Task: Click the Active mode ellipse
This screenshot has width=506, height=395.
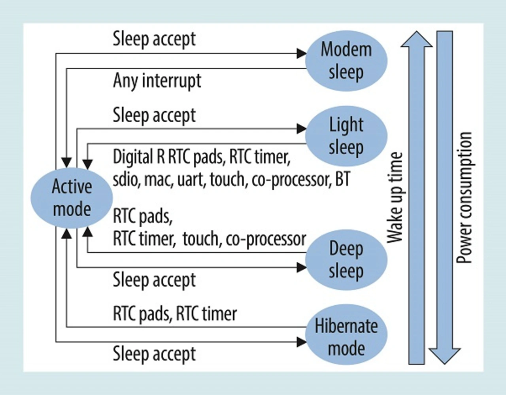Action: [x=72, y=198]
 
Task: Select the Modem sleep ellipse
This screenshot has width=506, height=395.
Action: [x=346, y=61]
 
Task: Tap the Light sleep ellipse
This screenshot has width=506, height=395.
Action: [x=346, y=136]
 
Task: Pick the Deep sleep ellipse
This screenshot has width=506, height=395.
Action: [x=346, y=260]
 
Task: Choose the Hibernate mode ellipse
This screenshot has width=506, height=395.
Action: [x=346, y=335]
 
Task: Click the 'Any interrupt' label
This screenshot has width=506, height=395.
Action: [x=157, y=81]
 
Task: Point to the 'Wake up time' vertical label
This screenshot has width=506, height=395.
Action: [x=395, y=198]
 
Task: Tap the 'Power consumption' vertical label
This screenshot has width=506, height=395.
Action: [x=464, y=198]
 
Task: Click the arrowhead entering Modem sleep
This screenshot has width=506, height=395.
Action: [x=301, y=53]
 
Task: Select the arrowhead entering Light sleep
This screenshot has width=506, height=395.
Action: [x=301, y=129]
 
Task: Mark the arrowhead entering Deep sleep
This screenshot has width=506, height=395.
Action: [x=301, y=267]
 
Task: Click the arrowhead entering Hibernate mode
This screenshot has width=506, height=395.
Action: [x=301, y=342]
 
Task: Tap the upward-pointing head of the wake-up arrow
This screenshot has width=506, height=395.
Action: [x=417, y=39]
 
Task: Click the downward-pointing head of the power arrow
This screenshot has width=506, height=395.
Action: [x=445, y=356]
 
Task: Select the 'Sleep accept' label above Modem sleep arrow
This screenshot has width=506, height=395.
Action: [x=154, y=39]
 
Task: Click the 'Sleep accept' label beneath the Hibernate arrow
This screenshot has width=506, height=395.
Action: [x=154, y=354]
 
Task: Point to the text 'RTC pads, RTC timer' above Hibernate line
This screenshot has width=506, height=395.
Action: [x=175, y=314]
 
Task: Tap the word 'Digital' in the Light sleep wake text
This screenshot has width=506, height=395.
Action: [x=133, y=157]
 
